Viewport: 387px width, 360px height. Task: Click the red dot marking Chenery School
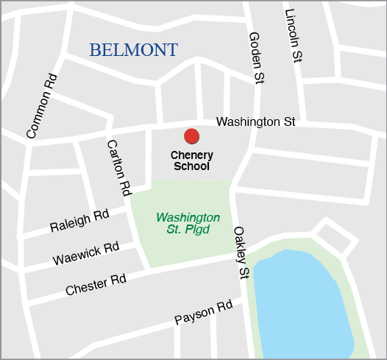(x=191, y=136)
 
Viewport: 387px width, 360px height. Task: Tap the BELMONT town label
(x=133, y=50)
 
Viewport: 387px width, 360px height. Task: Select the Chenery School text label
(x=191, y=160)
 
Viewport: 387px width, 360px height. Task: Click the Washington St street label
(x=255, y=121)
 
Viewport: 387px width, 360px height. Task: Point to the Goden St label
(x=257, y=57)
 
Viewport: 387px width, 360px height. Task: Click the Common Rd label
(x=41, y=105)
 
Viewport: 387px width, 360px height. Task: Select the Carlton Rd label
(x=118, y=167)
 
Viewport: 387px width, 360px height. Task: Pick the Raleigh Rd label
(x=79, y=221)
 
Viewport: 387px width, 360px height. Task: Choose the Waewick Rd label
(x=86, y=253)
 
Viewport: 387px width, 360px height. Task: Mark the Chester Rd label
(x=96, y=285)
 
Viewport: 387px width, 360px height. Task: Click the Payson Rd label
(x=203, y=312)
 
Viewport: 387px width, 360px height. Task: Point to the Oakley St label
(x=241, y=253)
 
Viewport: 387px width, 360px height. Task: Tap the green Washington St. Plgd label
(x=188, y=224)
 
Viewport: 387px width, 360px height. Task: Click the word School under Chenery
(x=191, y=166)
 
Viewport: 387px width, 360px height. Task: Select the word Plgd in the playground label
(x=199, y=230)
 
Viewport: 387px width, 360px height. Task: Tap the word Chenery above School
(x=191, y=155)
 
